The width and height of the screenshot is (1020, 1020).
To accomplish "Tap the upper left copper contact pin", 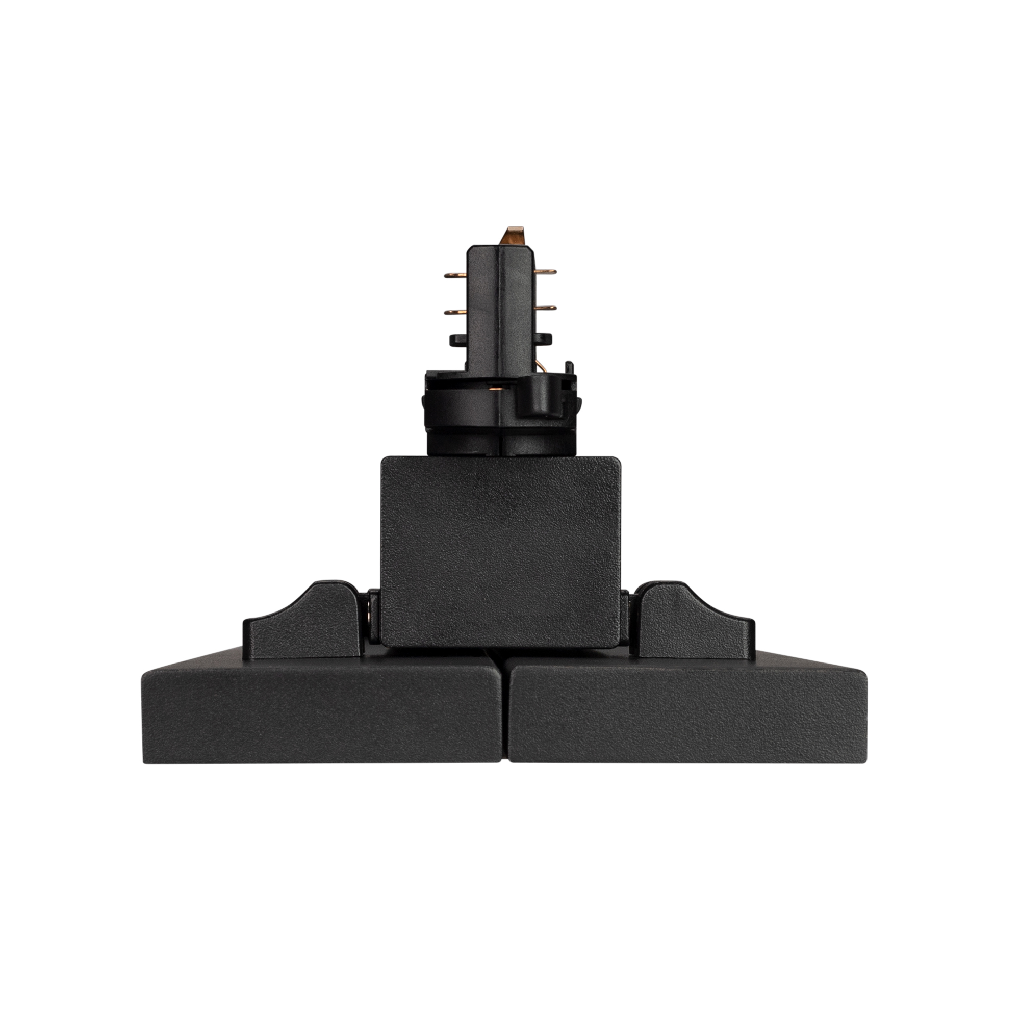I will click(455, 275).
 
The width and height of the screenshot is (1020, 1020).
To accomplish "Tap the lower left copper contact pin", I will click(455, 312).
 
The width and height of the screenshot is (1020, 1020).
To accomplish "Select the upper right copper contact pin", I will click(546, 272).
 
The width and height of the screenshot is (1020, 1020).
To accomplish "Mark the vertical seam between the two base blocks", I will click(504, 713).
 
